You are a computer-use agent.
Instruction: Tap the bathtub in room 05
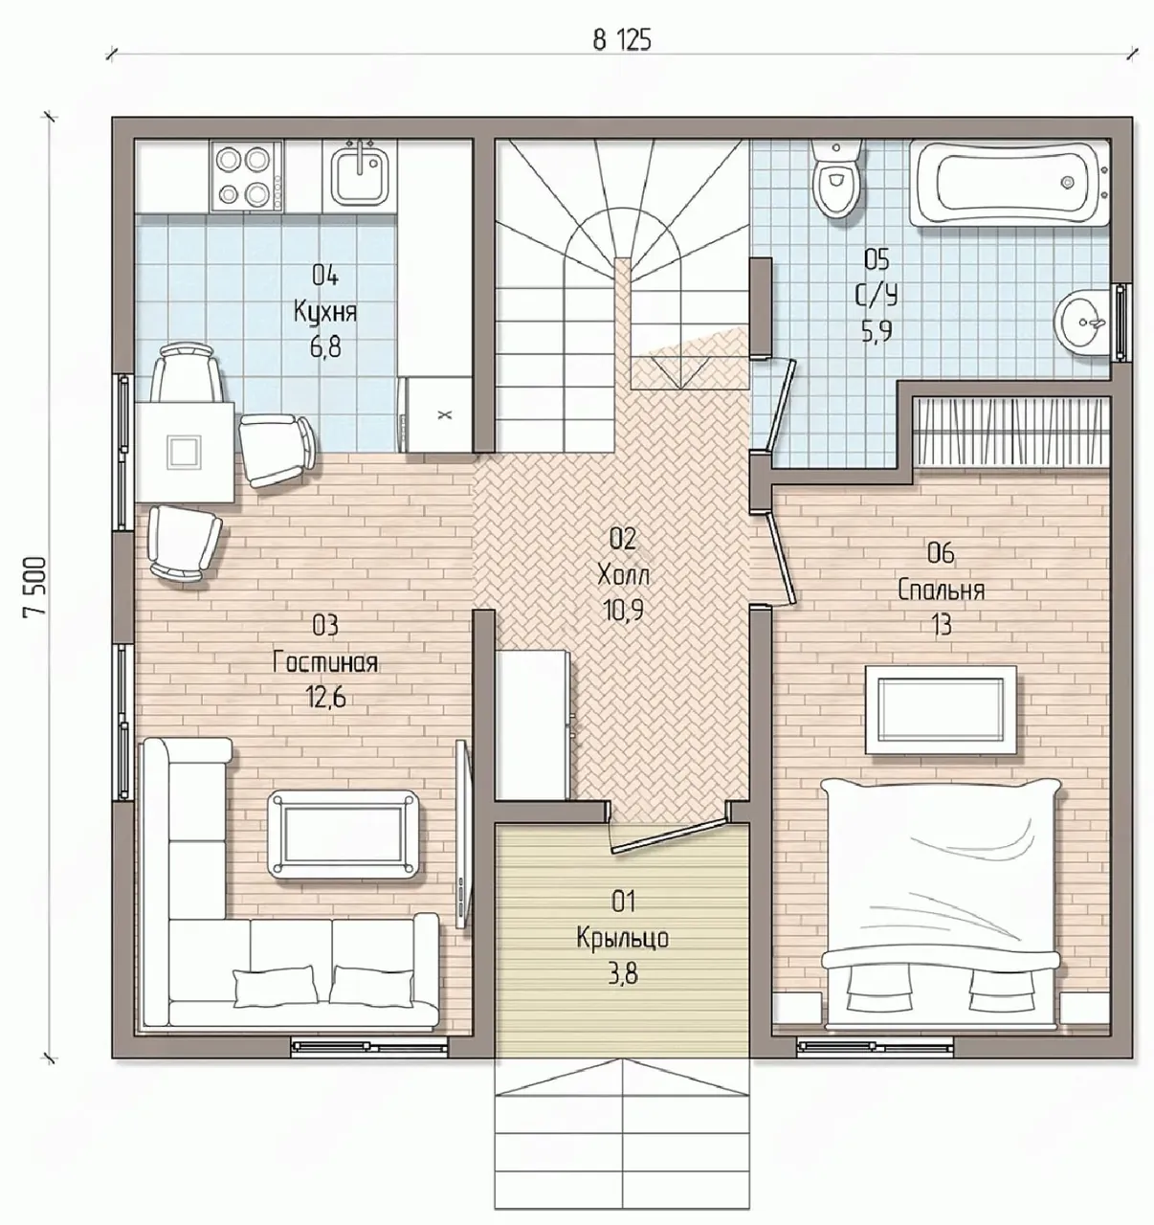click(1010, 183)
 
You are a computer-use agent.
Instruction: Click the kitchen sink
click(357, 176)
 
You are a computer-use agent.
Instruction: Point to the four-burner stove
click(246, 176)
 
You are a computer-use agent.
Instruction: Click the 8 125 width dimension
click(622, 41)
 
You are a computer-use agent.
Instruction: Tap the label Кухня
click(325, 312)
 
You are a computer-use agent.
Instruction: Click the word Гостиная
click(325, 663)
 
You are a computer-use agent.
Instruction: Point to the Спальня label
click(941, 590)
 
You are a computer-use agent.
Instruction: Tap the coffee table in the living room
click(344, 835)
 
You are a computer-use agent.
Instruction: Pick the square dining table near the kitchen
click(185, 452)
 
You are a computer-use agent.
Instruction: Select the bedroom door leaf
click(781, 558)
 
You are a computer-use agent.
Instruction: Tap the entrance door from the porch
click(669, 837)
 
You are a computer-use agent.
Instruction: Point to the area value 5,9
click(877, 333)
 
